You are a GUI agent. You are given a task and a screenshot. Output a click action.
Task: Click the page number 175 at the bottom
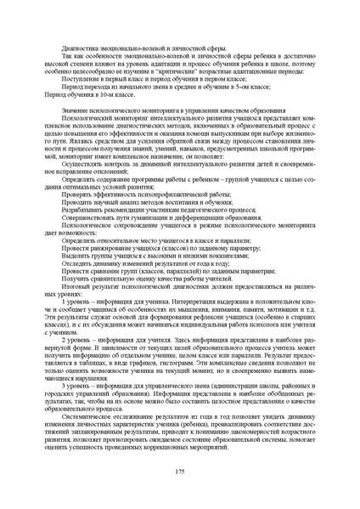tap(179, 472)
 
